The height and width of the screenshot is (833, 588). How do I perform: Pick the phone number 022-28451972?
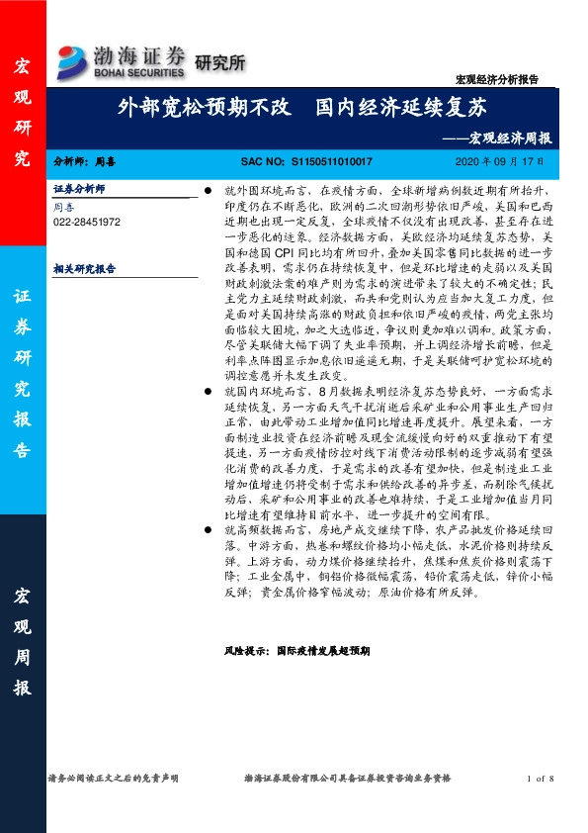(87, 223)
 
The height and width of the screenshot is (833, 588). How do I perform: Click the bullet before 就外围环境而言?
(207, 188)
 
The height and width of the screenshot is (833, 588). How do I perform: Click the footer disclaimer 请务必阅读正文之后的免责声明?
(113, 780)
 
